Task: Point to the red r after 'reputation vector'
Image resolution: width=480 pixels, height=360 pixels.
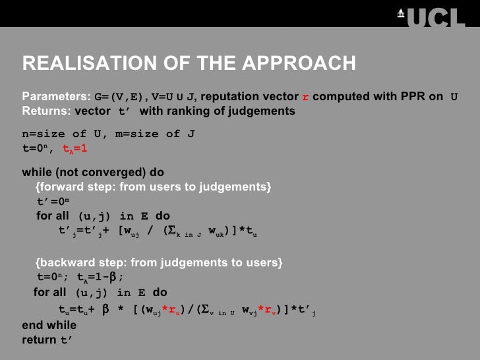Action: (x=305, y=98)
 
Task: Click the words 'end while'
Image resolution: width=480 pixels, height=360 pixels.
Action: (x=49, y=325)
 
